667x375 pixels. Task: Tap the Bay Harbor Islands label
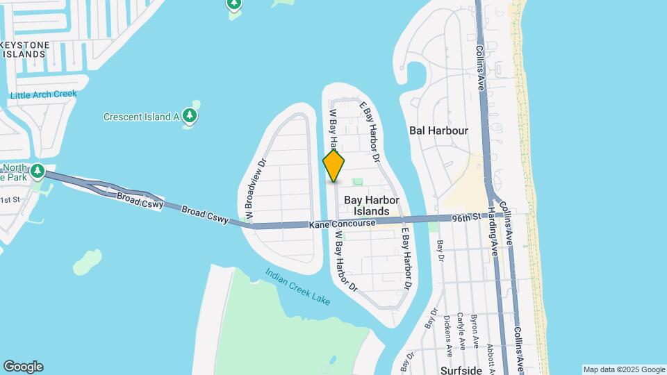[x=372, y=206]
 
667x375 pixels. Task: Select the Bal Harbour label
[x=438, y=130]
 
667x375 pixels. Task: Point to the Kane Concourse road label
[x=342, y=224]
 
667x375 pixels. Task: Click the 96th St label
[x=468, y=217]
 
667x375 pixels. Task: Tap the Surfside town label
[x=461, y=370]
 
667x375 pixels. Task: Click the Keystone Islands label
[x=25, y=49]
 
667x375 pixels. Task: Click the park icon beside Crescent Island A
[x=190, y=116]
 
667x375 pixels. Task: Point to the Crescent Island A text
[x=142, y=117]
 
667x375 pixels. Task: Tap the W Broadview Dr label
[x=253, y=184]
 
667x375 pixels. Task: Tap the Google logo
[x=23, y=367]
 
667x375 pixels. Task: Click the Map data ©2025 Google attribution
[x=624, y=369]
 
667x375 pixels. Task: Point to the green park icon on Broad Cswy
[x=38, y=170]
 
